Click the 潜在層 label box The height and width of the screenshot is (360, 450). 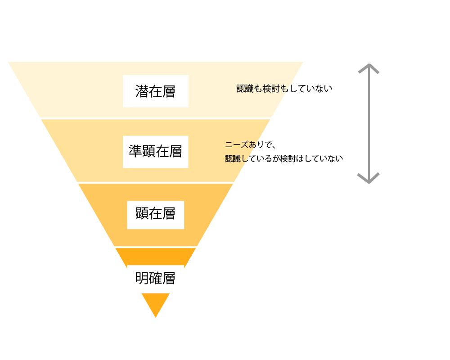(x=156, y=91)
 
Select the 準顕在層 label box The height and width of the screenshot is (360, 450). (x=156, y=152)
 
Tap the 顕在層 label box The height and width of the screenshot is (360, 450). (x=156, y=215)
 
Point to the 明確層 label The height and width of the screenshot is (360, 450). (x=156, y=279)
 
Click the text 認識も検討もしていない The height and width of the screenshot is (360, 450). (x=284, y=88)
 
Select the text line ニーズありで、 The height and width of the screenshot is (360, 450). (x=250, y=144)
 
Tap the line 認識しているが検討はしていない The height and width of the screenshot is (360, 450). (x=284, y=158)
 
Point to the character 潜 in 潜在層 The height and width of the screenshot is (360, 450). (x=142, y=91)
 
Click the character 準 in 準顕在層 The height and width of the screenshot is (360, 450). (x=135, y=151)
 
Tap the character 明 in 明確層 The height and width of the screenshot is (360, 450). (x=142, y=278)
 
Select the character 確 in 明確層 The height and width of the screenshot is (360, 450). (x=155, y=278)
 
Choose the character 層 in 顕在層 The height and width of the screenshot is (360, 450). (x=169, y=214)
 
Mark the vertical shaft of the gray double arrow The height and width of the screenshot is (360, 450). (x=369, y=123)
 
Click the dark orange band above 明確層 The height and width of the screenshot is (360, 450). (x=156, y=256)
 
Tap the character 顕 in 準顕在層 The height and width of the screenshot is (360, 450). (x=148, y=151)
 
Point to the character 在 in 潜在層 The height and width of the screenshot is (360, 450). (x=155, y=91)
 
